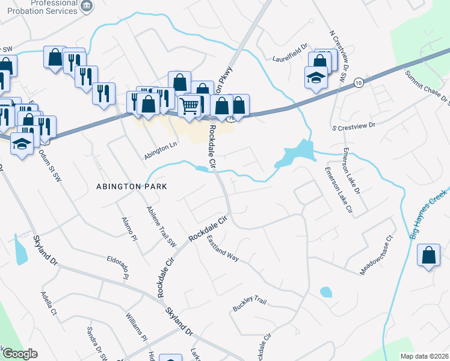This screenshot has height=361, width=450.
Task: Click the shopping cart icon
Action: (190, 106)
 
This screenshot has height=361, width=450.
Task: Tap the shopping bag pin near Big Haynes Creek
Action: (428, 256)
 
